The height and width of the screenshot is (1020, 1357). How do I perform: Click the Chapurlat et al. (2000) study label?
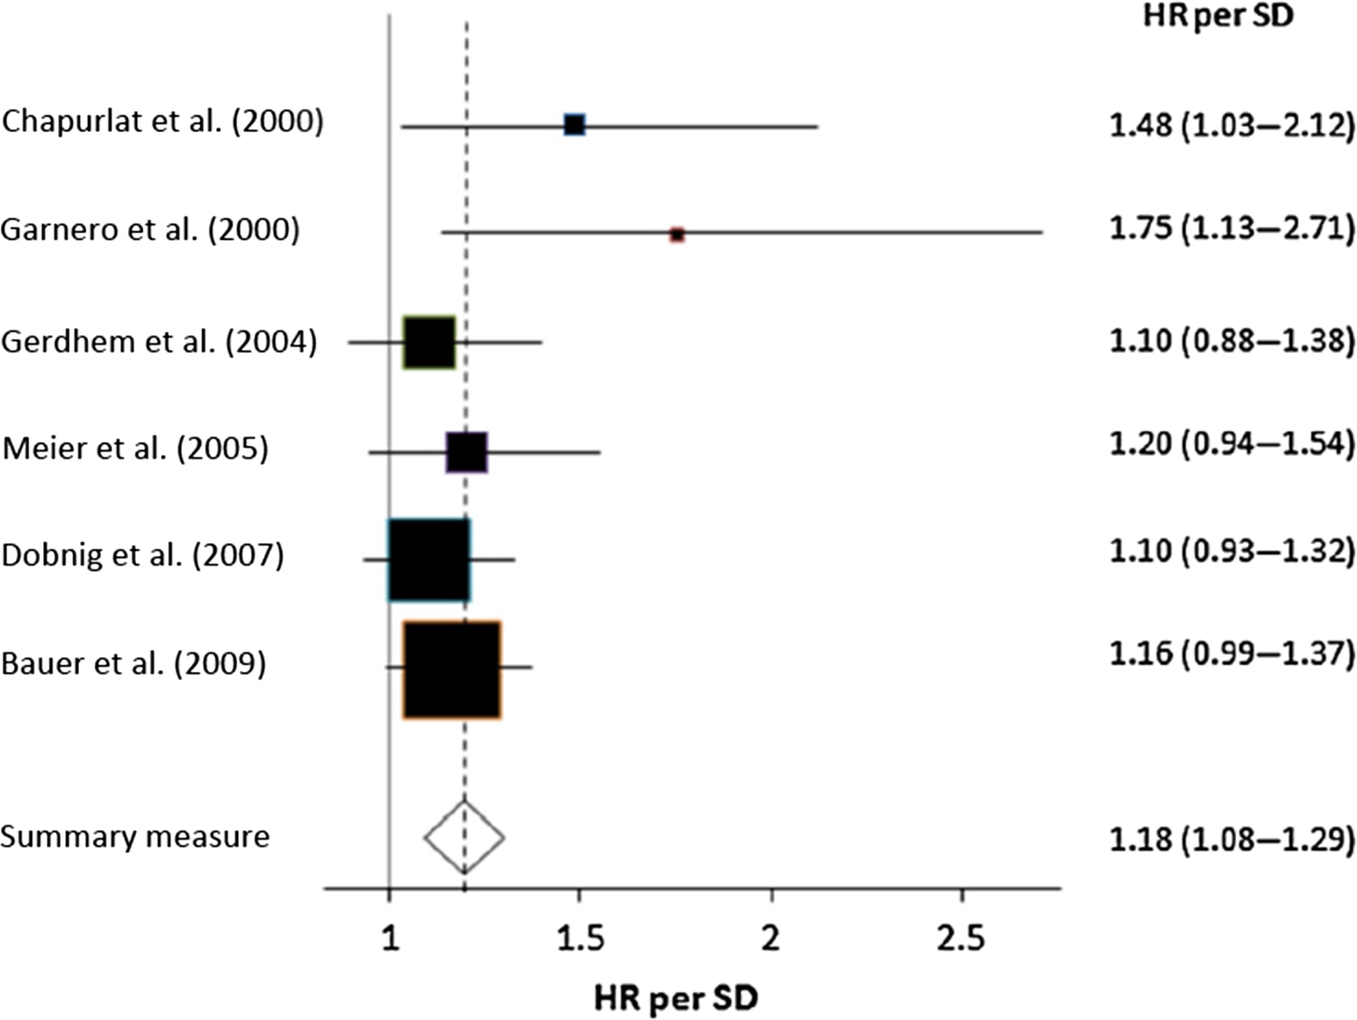(162, 122)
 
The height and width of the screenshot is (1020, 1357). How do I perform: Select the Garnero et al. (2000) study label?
(150, 231)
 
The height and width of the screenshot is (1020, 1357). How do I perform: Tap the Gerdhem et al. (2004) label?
(159, 342)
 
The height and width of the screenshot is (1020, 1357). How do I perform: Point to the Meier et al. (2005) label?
(135, 449)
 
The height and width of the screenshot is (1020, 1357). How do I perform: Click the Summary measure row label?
(135, 837)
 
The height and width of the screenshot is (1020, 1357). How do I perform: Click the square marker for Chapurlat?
(575, 125)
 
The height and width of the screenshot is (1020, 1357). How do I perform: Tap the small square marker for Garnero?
(677, 235)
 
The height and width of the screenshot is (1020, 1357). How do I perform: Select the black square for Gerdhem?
(429, 342)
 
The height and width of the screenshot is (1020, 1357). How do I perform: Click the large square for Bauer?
(452, 669)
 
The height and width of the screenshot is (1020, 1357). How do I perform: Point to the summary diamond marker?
(464, 837)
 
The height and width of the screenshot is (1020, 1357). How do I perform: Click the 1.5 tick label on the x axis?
(579, 939)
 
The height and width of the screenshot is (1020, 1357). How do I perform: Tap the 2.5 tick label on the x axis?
(961, 939)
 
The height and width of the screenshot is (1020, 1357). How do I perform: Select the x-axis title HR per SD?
(676, 997)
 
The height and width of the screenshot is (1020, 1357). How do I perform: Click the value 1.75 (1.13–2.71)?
(1231, 229)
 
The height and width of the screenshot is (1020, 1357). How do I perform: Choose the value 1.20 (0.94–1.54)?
(1231, 444)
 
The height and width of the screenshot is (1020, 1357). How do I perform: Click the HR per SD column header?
(1218, 16)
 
